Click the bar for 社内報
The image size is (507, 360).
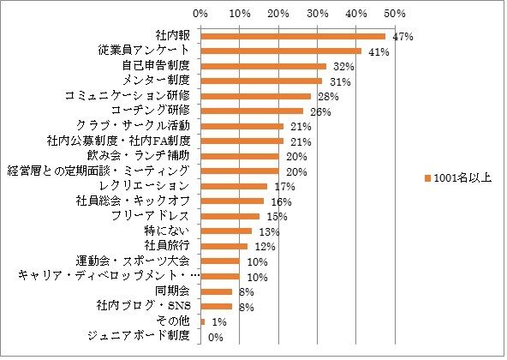pos(292,36)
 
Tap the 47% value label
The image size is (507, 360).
pos(403,37)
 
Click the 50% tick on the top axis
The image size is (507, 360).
pos(395,14)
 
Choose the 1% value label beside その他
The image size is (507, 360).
pos(218,321)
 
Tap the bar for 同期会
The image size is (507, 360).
pos(216,291)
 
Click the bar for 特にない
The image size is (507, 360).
pos(225,231)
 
